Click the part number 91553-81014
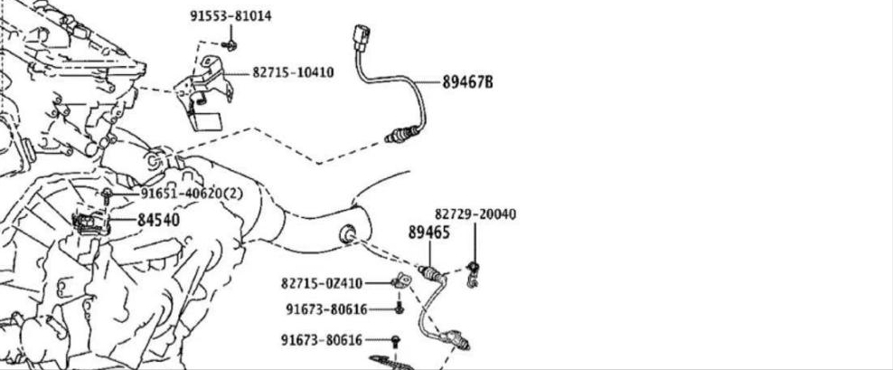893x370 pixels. pyautogui.click(x=230, y=16)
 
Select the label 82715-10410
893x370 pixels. pyautogui.click(x=294, y=72)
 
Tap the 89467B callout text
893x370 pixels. pyautogui.click(x=467, y=82)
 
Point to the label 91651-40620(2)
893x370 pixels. pyautogui.click(x=192, y=194)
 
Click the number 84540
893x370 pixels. pyautogui.click(x=158, y=220)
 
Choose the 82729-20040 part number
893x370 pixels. pyautogui.click(x=475, y=214)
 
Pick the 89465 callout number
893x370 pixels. pyautogui.click(x=428, y=232)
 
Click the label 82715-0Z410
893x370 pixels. pyautogui.click(x=322, y=283)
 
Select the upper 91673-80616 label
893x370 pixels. pyautogui.click(x=327, y=309)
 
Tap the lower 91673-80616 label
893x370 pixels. pyautogui.click(x=322, y=340)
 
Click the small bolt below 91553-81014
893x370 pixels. pyautogui.click(x=230, y=45)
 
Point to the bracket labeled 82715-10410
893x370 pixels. pyautogui.click(x=204, y=92)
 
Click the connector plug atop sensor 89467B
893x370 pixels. pyautogui.click(x=362, y=38)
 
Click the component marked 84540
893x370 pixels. pyautogui.click(x=90, y=223)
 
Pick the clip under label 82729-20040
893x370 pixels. pyautogui.click(x=472, y=274)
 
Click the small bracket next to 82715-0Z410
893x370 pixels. pyautogui.click(x=401, y=280)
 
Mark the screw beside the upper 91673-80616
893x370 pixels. pyautogui.click(x=399, y=308)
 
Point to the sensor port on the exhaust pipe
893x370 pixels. pyautogui.click(x=347, y=233)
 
